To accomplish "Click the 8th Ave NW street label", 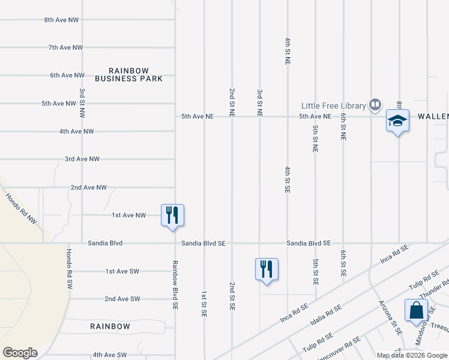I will [x=62, y=20].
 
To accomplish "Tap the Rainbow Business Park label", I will [x=128, y=74].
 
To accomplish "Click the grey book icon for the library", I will [x=375, y=106].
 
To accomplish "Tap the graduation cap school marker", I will [x=397, y=121].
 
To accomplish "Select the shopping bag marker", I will [x=416, y=311].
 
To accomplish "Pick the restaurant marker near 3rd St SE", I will [x=267, y=269].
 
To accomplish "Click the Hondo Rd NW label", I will [x=21, y=209].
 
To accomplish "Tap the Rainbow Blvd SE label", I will [x=175, y=284].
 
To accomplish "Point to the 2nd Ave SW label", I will [x=122, y=299].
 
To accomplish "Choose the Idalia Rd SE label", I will [x=325, y=314].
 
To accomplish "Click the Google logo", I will [x=20, y=353].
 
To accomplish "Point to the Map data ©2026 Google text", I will [x=412, y=355].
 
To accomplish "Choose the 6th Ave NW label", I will [x=67, y=75].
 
